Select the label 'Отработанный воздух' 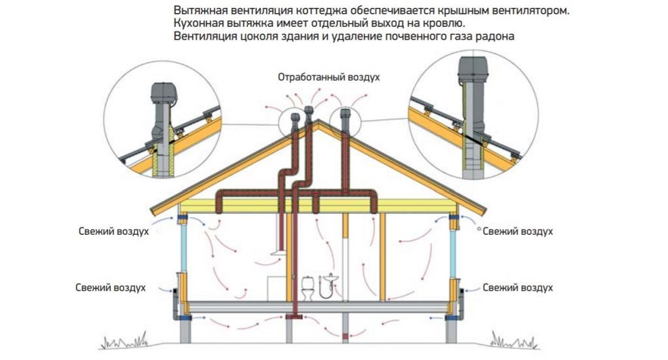[329, 77]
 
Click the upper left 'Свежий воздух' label [114, 232]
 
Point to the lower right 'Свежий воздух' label [518, 288]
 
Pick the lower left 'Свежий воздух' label [110, 288]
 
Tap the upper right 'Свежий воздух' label [518, 232]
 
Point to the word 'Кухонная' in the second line [196, 24]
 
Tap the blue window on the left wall [185, 247]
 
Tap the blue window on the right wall [453, 247]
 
